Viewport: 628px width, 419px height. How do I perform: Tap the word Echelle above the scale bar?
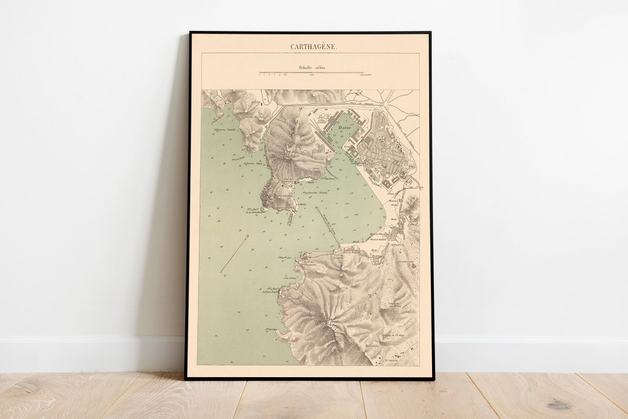tap(306, 67)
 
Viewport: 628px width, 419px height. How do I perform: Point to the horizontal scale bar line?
tap(311, 73)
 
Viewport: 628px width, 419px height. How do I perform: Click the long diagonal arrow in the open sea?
tap(234, 254)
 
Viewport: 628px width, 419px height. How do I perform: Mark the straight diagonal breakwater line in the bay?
tap(329, 227)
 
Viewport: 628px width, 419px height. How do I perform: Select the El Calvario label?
tap(394, 360)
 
